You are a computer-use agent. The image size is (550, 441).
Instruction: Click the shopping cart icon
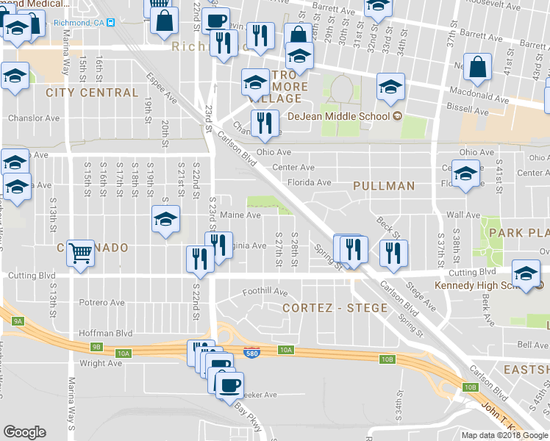tap(81, 254)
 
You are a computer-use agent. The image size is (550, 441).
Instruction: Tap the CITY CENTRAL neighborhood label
tap(91, 93)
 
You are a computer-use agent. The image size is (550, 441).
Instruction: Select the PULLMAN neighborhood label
tap(383, 186)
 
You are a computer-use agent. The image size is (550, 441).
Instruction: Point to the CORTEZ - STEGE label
tap(335, 307)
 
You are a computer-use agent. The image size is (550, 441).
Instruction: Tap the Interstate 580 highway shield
tap(251, 354)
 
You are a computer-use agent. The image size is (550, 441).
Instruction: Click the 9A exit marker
tap(18, 320)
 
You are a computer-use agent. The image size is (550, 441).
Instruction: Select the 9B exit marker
tap(96, 346)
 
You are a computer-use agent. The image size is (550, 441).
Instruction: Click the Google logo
tap(24, 432)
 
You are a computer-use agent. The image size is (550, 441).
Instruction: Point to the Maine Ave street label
tap(240, 215)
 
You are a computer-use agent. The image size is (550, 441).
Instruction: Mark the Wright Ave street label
tap(101, 363)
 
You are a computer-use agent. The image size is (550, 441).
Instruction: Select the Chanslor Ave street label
tap(33, 118)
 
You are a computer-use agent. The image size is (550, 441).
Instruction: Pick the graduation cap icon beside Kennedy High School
tap(526, 273)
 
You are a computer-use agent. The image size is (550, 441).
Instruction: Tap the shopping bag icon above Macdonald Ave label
tap(478, 68)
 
